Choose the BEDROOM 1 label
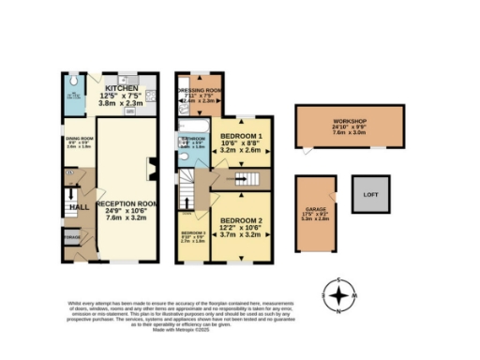click(x=241, y=136)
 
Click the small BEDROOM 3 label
click(x=193, y=232)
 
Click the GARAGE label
click(x=315, y=211)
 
